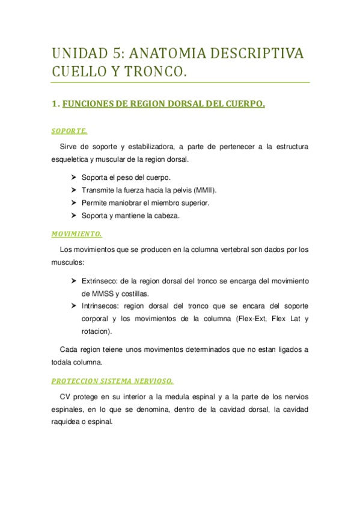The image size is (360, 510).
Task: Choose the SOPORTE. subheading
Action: point(70,131)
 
